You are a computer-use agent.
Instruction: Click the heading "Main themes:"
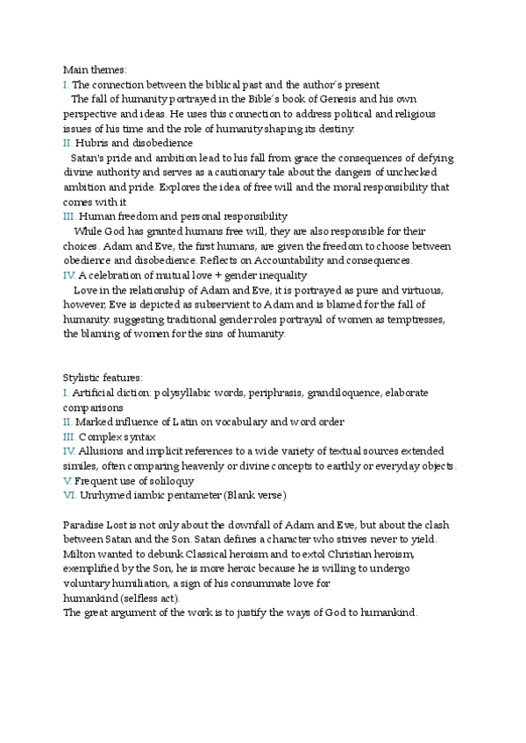pos(94,69)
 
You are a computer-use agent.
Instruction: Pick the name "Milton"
pos(80,554)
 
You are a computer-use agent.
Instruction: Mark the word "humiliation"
pos(141,583)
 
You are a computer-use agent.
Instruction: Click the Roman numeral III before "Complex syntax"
pos(69,436)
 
